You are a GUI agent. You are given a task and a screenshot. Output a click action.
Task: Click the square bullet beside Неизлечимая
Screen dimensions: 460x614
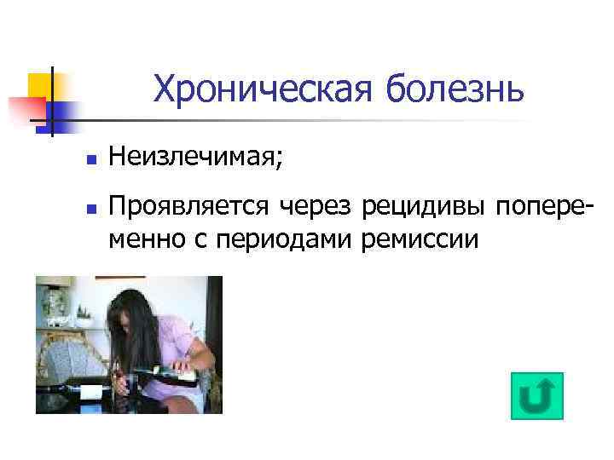point(89,159)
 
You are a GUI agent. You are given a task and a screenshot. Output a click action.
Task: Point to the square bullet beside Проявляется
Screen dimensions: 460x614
point(89,208)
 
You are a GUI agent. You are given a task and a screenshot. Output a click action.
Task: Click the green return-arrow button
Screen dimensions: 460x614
point(536,396)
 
